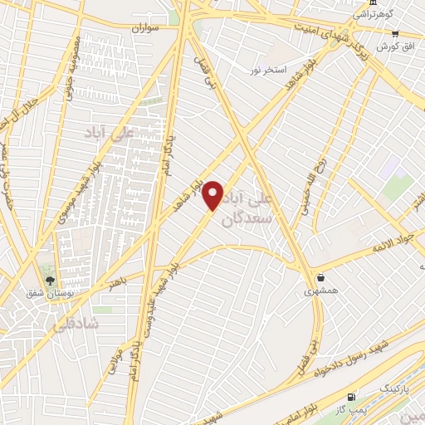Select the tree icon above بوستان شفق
[x=50, y=280]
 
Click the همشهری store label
[x=320, y=291]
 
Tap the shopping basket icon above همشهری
[x=320, y=278]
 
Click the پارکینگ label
[x=377, y=388]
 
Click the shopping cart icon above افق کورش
[x=395, y=34]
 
